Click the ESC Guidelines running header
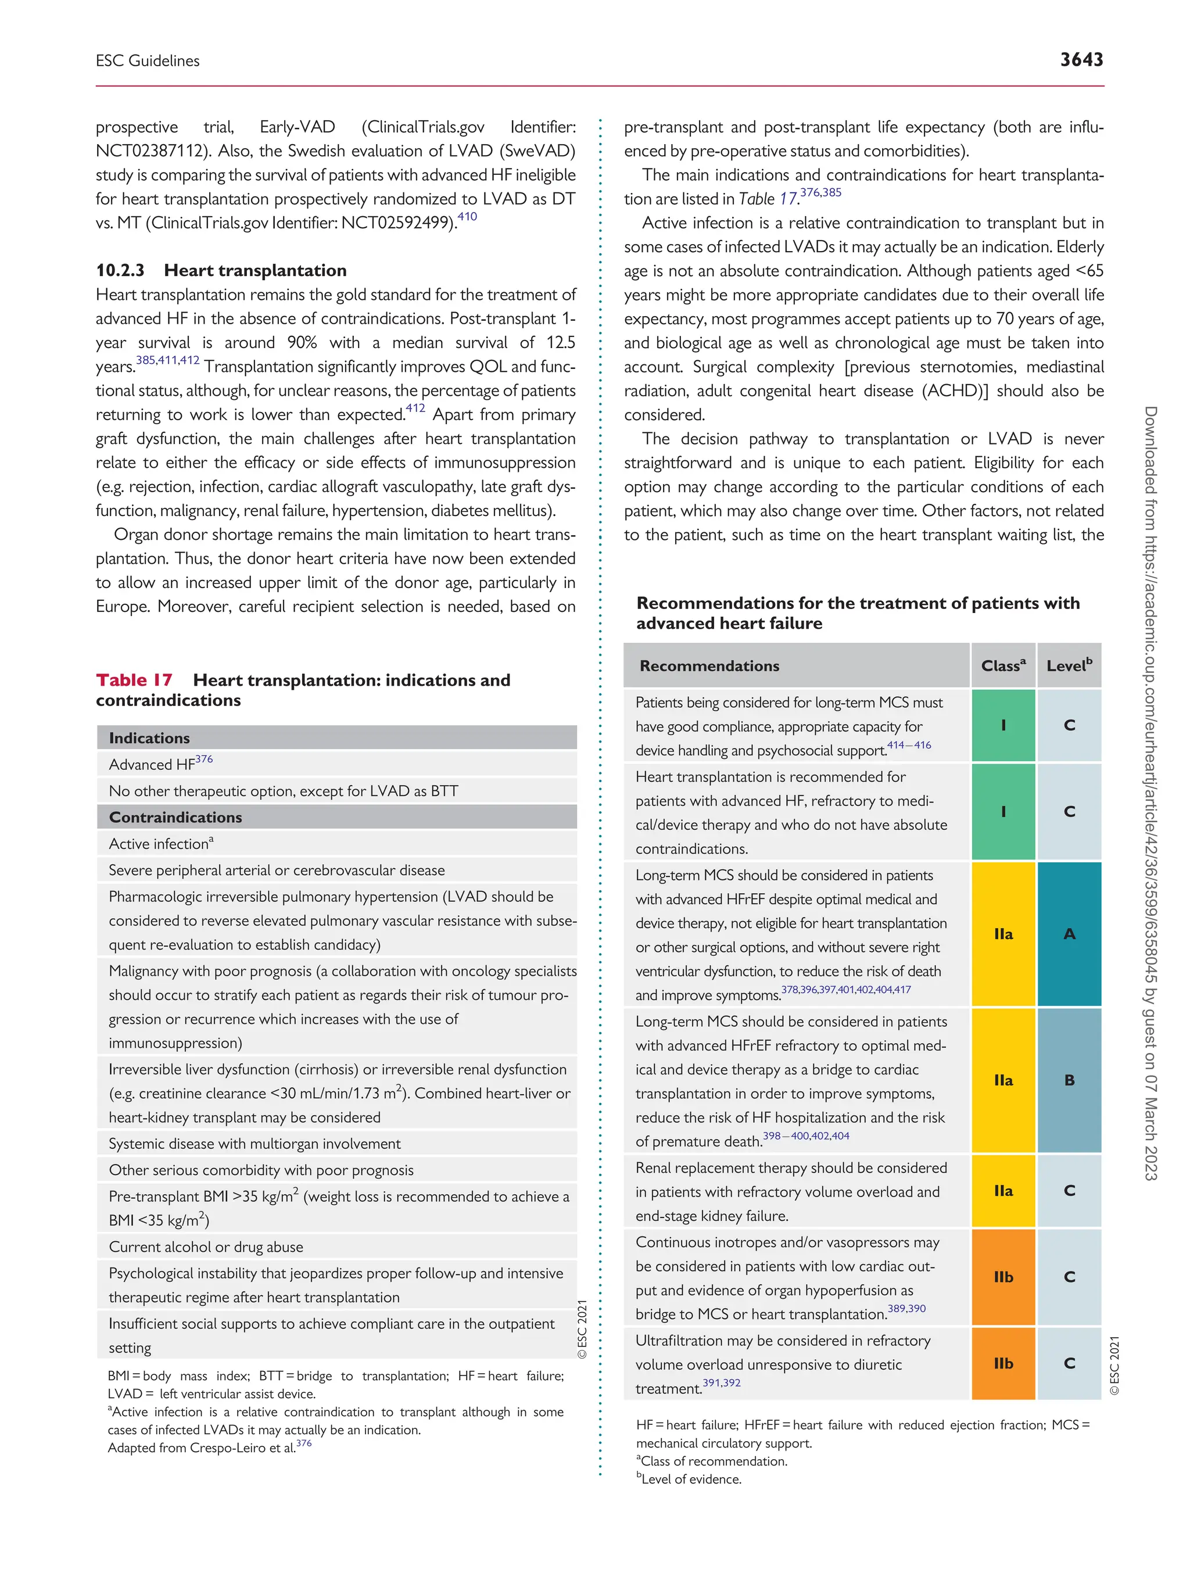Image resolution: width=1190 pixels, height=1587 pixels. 148,61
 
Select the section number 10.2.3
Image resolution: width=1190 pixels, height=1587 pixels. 120,270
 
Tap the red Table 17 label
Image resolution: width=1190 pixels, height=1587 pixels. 134,679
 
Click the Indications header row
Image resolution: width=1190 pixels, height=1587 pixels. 336,737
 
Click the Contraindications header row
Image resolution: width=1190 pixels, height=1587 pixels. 336,817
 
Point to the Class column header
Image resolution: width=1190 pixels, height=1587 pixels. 1002,665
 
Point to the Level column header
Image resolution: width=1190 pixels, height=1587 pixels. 1068,665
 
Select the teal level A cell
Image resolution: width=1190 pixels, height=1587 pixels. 1069,933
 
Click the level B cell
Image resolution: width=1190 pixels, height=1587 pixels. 1069,1080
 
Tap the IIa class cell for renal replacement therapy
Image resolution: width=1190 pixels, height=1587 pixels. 1003,1190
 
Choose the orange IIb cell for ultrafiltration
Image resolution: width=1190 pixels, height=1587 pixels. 1003,1363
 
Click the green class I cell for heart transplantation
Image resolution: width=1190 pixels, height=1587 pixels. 1003,811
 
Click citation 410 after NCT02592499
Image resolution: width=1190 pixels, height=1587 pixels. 467,217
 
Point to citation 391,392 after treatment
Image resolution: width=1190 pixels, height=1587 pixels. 721,1382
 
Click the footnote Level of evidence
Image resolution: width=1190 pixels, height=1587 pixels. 691,1479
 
